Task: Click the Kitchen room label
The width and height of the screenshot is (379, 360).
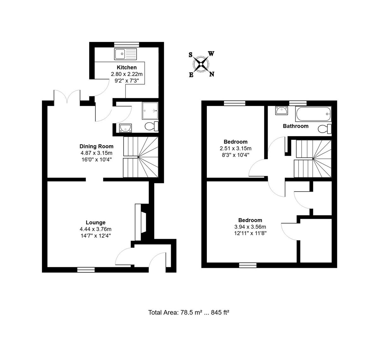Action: coord(127,68)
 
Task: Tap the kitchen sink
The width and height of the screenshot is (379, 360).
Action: coord(125,54)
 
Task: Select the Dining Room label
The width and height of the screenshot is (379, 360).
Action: coord(96,146)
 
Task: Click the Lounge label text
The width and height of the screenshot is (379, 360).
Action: coord(96,223)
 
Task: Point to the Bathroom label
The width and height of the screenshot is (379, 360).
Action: coord(296,126)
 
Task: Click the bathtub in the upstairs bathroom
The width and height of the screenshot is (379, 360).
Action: coord(313,114)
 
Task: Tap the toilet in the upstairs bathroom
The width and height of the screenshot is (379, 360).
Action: coord(325,129)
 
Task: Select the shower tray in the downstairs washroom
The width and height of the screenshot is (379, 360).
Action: coord(150,111)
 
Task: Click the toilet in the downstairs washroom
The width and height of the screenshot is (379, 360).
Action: coord(152,126)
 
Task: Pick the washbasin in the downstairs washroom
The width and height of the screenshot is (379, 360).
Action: coord(125,128)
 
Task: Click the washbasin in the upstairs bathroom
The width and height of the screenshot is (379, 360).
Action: coord(282,111)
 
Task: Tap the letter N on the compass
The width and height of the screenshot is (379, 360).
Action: coord(212,74)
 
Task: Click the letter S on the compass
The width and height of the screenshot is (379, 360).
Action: coord(190,55)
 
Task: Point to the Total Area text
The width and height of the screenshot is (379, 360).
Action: coord(189,312)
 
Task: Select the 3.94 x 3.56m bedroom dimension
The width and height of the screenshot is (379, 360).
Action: coord(250,227)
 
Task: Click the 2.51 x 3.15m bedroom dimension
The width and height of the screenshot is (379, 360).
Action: coord(236,148)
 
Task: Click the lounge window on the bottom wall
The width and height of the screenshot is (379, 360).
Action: coord(86,270)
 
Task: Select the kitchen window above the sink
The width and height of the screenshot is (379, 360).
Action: coord(126,45)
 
